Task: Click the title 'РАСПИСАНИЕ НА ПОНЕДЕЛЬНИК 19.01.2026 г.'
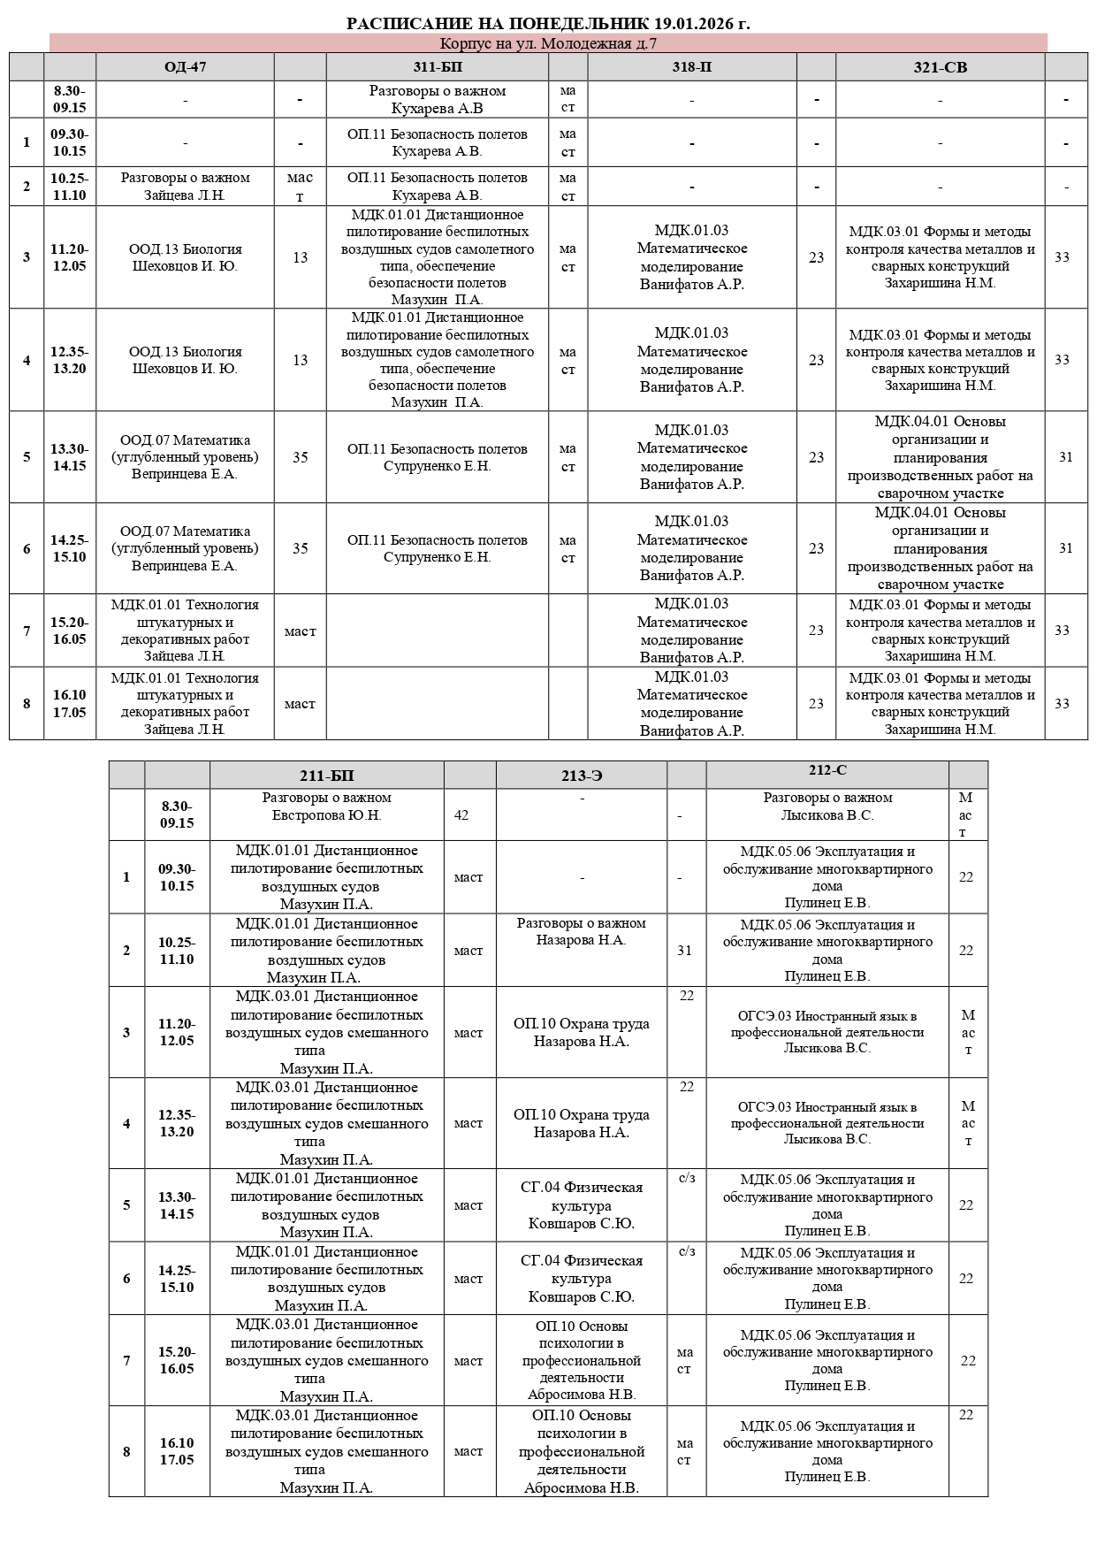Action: click(548, 23)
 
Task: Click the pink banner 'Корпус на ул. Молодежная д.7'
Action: click(548, 43)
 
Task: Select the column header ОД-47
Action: click(185, 67)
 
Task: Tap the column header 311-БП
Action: click(437, 67)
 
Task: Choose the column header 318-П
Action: click(691, 67)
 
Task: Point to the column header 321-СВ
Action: click(940, 67)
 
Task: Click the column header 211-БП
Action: click(326, 776)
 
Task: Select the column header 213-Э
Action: click(581, 776)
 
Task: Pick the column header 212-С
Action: click(827, 770)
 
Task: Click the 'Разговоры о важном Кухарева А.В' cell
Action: click(437, 100)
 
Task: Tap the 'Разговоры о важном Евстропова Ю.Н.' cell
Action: click(326, 807)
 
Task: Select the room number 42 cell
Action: click(461, 814)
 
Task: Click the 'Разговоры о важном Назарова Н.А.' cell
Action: click(581, 932)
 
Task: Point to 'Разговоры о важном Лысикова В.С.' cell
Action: click(827, 807)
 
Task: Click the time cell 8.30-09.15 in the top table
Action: click(70, 99)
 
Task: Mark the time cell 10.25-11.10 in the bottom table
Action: click(177, 951)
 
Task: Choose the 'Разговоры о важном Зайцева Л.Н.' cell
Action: click(185, 187)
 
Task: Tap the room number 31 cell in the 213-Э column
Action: click(685, 951)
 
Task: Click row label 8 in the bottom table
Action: click(126, 1451)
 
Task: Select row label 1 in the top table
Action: click(27, 142)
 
